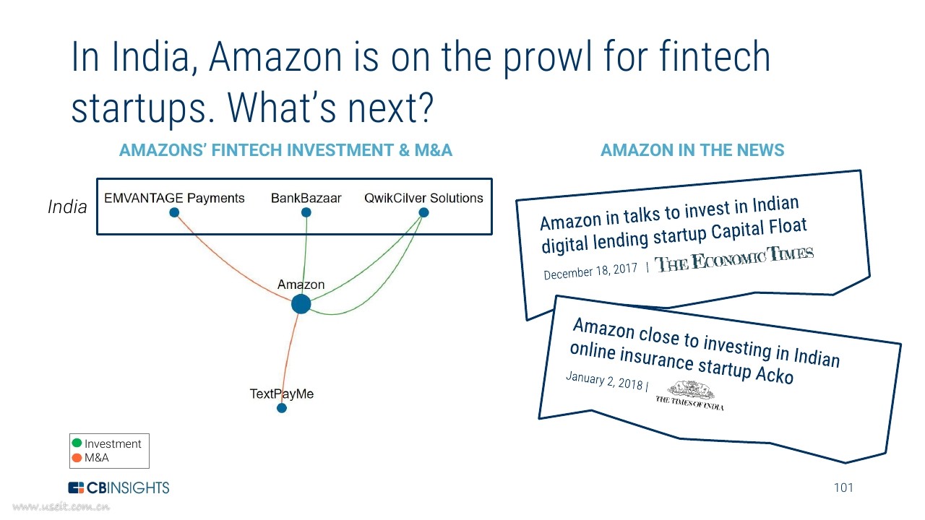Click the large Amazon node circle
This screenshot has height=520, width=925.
301,304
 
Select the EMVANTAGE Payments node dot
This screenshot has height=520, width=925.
174,212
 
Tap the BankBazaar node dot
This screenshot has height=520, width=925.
306,212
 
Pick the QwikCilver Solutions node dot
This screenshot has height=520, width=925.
423,212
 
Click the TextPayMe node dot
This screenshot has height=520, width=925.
282,408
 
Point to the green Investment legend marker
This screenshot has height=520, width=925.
77,443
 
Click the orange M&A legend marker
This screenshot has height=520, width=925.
77,458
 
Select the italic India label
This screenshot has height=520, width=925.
67,207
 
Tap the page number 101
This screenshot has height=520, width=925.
843,487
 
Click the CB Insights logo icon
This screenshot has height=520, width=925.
76,487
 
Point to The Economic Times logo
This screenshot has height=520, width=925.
733,259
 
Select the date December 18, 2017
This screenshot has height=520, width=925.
590,272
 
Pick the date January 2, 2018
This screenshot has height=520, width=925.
604,381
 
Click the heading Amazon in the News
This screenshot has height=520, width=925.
692,150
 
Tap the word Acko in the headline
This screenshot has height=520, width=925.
775,374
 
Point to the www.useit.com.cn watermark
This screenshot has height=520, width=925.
61,506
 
